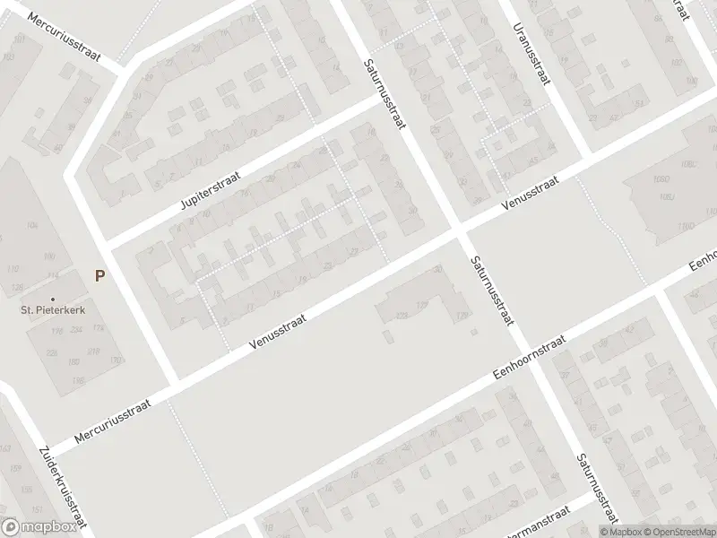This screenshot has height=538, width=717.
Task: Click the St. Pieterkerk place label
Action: pyautogui.click(x=54, y=311)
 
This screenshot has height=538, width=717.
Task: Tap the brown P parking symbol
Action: pyautogui.click(x=99, y=276)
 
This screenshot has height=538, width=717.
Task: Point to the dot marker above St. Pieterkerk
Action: pyautogui.click(x=53, y=299)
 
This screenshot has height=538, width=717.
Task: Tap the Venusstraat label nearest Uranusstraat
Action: pyautogui.click(x=531, y=192)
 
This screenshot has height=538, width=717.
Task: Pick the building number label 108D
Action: pyautogui.click(x=663, y=176)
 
